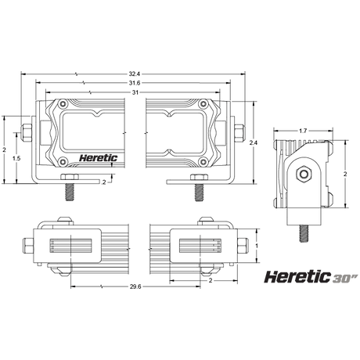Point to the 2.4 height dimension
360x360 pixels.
pos(253,143)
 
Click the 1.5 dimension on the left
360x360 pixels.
pos(17,157)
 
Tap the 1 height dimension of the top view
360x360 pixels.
pos(256,245)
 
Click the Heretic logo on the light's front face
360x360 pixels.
pos(99,158)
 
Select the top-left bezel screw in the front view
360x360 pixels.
pos(60,104)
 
